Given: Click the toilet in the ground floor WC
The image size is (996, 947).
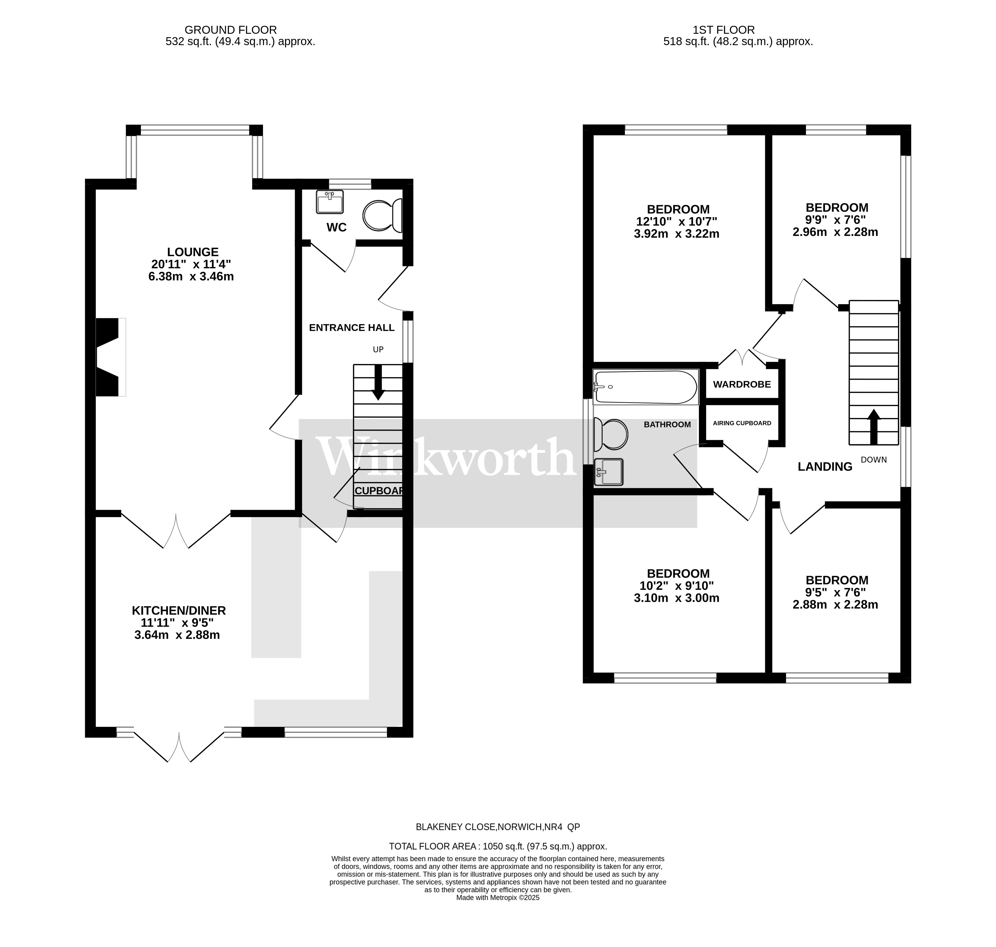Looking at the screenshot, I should [381, 216].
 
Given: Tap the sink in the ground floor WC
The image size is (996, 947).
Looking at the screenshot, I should [330, 202].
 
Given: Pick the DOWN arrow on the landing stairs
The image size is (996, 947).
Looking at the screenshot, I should [874, 427].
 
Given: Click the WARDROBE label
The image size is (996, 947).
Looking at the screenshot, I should [742, 384].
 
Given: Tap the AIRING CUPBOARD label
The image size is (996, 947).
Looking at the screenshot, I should [742, 423].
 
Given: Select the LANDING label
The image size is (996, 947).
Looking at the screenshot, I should [825, 467].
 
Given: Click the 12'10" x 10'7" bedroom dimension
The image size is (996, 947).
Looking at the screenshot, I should [676, 221].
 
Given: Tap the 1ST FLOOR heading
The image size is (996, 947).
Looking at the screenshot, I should [738, 30].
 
